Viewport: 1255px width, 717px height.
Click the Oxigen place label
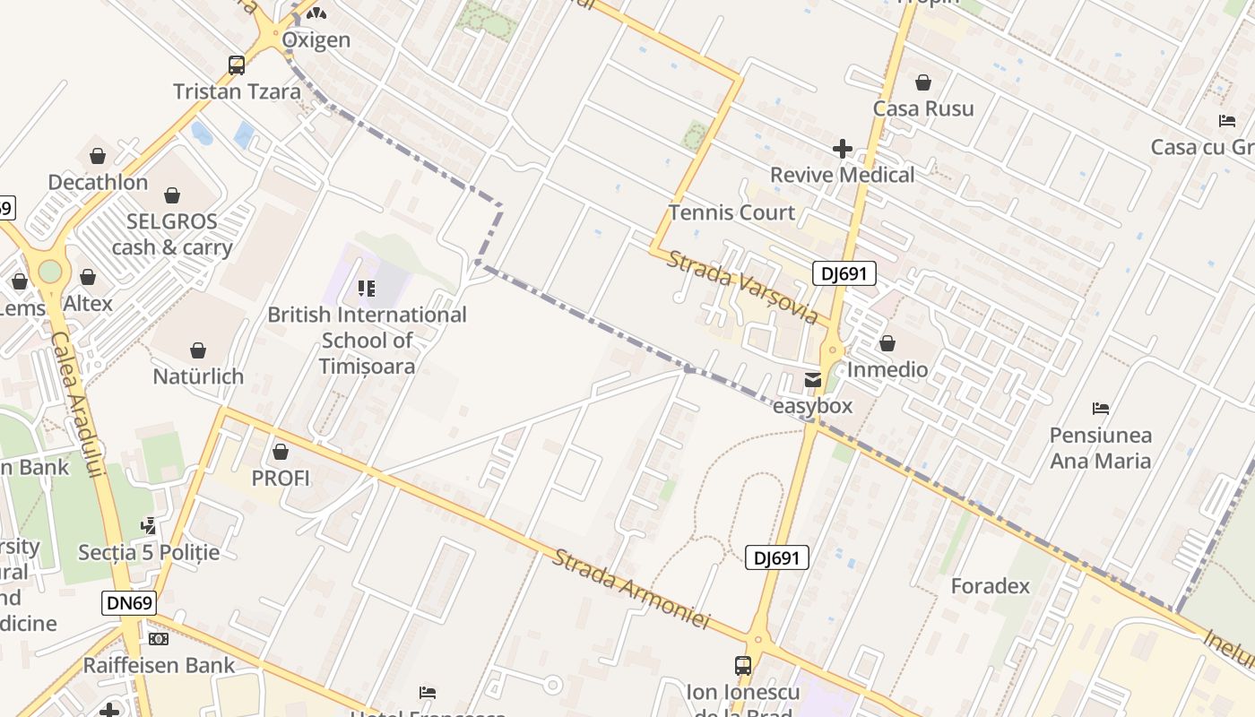pos(316,40)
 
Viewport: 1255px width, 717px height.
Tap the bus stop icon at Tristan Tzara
pos(237,65)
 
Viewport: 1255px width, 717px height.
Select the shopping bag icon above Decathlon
pos(98,156)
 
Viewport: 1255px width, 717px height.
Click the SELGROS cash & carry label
pos(172,234)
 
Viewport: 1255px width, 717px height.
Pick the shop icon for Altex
pos(88,278)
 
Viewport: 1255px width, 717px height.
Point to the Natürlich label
pos(198,376)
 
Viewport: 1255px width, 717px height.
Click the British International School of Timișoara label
pos(368,341)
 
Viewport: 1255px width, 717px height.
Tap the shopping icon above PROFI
pos(281,452)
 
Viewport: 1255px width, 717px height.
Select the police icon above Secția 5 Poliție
pos(149,525)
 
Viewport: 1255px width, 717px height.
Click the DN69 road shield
pos(129,603)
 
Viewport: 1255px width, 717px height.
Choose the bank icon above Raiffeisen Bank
pos(159,639)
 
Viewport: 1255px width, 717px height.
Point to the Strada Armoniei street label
pos(630,589)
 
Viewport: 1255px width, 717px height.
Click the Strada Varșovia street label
pos(743,286)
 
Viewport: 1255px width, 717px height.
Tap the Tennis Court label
pos(731,212)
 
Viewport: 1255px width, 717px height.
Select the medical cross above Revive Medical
pos(842,149)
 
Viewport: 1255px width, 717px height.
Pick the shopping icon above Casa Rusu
pos(923,83)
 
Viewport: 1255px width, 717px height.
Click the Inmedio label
pos(887,369)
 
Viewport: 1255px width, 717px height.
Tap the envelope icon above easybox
pos(813,380)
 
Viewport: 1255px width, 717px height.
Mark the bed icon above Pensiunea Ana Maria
pos(1101,409)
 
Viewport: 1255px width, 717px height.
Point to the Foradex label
pos(991,586)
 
